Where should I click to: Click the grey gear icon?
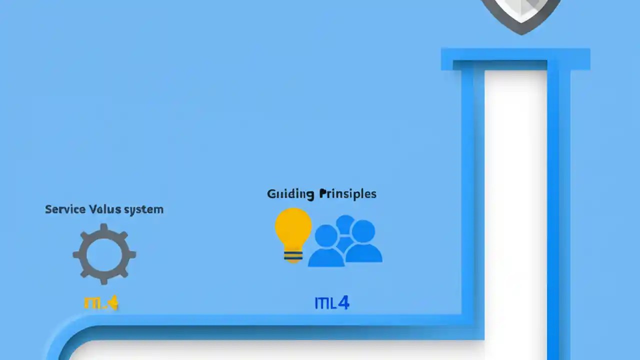click(104, 254)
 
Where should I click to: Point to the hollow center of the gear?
click(104, 254)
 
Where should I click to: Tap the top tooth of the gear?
click(104, 228)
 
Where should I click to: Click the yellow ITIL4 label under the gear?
click(101, 302)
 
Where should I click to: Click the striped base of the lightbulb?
click(293, 254)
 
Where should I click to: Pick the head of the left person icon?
click(326, 235)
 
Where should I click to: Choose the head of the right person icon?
click(363, 231)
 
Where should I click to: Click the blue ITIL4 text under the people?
click(331, 302)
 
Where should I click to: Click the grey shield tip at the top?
click(521, 27)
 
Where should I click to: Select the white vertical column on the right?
click(515, 210)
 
